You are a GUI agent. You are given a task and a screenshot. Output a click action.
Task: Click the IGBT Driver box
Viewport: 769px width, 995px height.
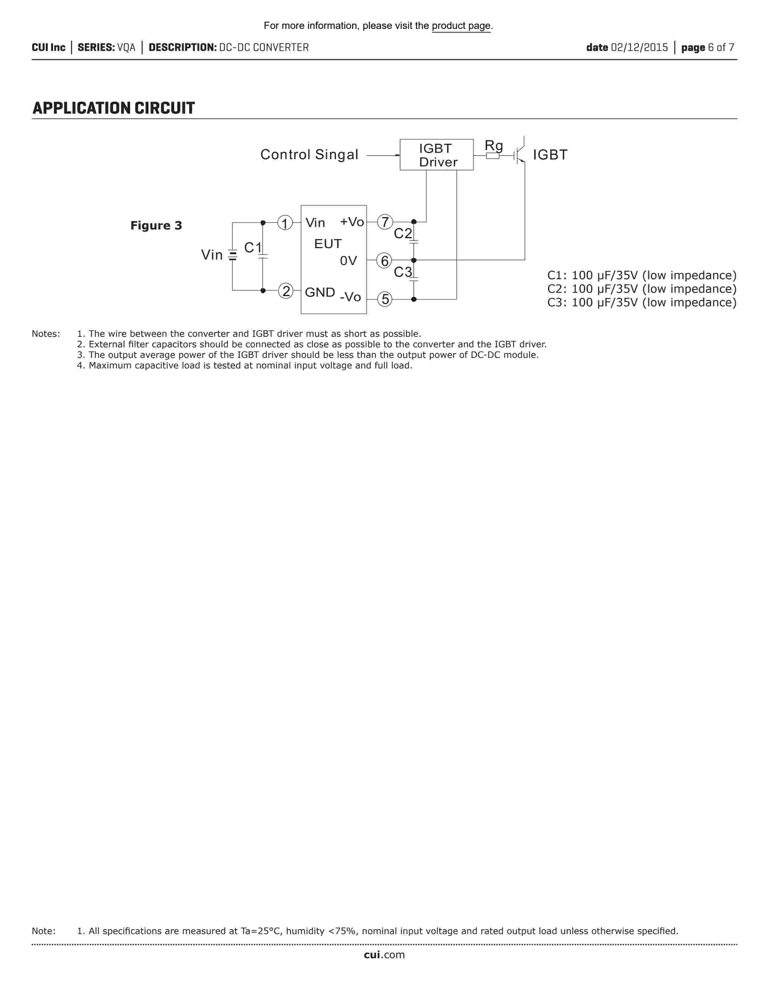pyautogui.click(x=436, y=155)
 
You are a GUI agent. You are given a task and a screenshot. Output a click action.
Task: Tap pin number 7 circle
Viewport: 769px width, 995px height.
pyautogui.click(x=385, y=222)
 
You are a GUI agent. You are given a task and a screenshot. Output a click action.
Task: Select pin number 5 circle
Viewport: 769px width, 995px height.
pyautogui.click(x=385, y=299)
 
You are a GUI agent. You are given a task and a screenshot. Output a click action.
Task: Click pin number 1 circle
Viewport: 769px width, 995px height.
pyautogui.click(x=285, y=223)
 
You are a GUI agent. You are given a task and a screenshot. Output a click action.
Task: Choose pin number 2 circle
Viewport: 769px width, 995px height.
pyautogui.click(x=286, y=291)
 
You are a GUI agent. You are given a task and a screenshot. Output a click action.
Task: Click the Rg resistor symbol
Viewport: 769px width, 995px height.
pyautogui.click(x=492, y=156)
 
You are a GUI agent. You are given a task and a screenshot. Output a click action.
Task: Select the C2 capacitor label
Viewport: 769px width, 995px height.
pyautogui.click(x=403, y=234)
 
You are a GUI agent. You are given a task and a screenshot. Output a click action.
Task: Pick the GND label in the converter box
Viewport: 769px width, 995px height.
pyautogui.click(x=320, y=292)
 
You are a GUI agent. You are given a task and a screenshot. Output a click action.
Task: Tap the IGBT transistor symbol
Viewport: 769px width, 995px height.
pyautogui.click(x=519, y=155)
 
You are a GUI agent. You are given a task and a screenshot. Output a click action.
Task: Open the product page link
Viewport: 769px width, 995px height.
pyautogui.click(x=461, y=26)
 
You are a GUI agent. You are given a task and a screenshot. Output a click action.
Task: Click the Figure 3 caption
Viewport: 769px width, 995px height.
pyautogui.click(x=156, y=226)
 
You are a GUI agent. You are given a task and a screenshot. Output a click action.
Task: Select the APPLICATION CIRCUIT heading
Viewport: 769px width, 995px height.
pyautogui.click(x=114, y=109)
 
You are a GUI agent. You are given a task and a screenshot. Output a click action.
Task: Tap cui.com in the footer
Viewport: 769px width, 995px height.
pyautogui.click(x=384, y=955)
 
